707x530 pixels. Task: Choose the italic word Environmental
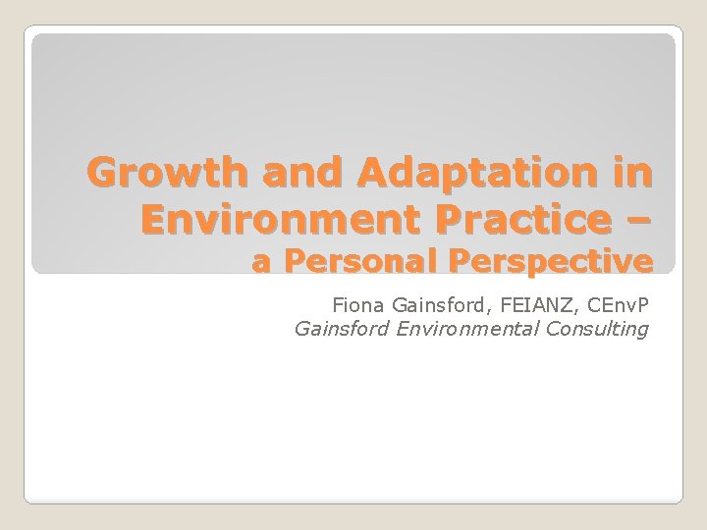click(x=467, y=328)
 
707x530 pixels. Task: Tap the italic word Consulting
click(x=601, y=328)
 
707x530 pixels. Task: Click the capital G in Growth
click(x=102, y=175)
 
